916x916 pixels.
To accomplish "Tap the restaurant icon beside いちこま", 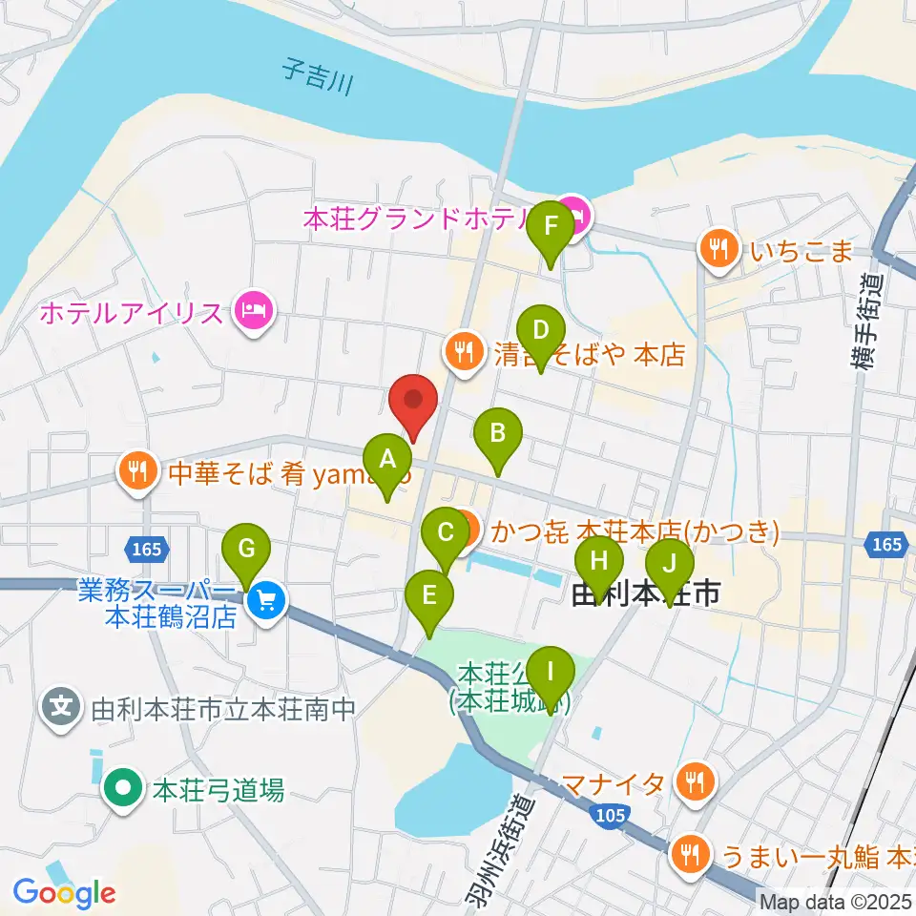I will (x=716, y=250).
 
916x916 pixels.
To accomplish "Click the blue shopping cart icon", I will (x=266, y=601).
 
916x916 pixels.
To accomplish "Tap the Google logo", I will (x=64, y=893).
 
